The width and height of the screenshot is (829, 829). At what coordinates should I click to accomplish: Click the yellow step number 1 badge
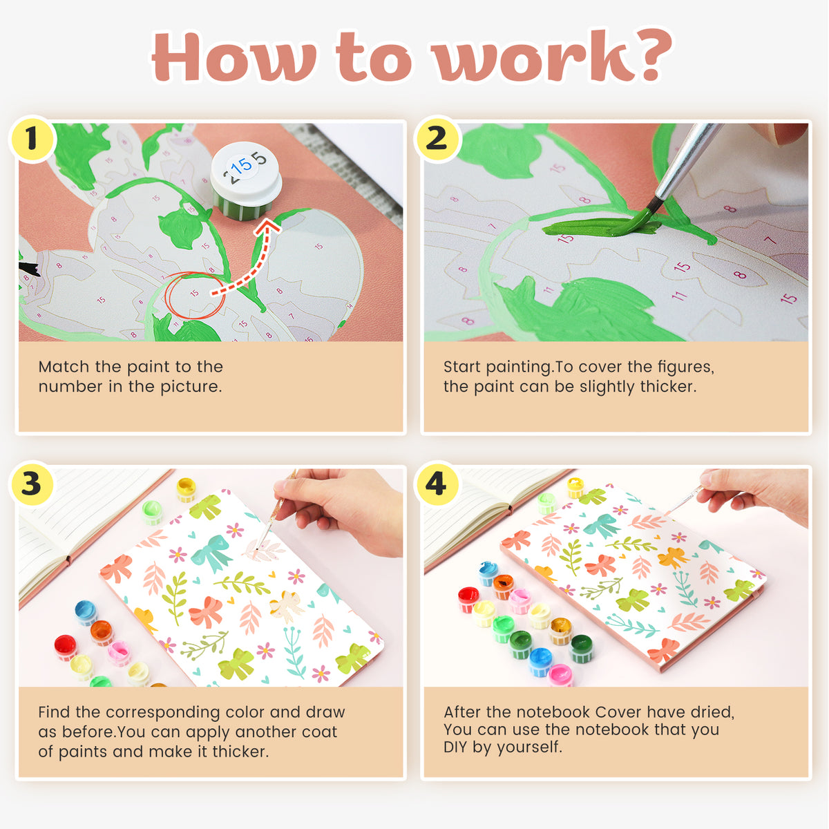pos(32,139)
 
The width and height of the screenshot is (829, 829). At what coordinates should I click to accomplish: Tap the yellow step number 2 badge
pos(437,139)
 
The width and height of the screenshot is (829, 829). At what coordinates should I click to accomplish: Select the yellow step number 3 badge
pos(32,484)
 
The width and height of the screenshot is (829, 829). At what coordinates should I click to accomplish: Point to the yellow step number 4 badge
pos(437,484)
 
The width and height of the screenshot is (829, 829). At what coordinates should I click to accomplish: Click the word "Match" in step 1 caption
pos(64,367)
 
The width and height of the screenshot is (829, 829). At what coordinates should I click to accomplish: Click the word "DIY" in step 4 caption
pos(455,747)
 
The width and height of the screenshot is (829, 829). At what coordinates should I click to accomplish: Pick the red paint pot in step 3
pos(66,647)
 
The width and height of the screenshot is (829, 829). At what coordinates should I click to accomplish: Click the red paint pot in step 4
pos(468,599)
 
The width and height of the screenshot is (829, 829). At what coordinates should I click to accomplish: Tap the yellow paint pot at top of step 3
pos(187,490)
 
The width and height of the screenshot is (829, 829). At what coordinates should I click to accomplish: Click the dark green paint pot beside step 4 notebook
pos(581,648)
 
